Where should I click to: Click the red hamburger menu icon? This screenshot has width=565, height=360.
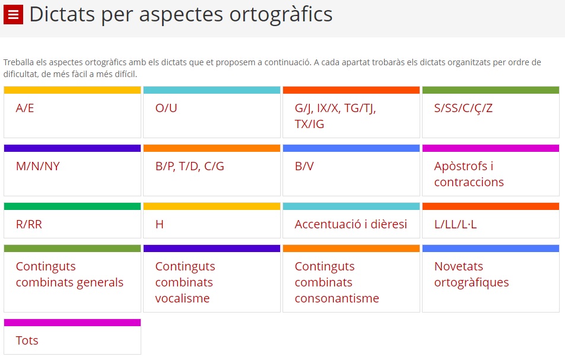click(13, 14)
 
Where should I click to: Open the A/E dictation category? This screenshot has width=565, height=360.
click(25, 108)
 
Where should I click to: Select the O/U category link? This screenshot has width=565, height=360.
click(166, 108)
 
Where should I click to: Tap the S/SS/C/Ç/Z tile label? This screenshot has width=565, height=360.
click(463, 108)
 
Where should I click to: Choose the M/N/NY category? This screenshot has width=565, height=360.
click(38, 166)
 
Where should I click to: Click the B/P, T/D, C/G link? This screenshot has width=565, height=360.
click(189, 166)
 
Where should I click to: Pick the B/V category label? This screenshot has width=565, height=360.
click(304, 166)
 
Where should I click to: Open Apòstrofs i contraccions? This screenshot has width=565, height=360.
click(469, 174)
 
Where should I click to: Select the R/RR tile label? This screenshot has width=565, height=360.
click(29, 224)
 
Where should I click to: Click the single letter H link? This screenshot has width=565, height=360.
click(159, 224)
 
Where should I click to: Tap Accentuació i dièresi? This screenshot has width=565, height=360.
click(351, 224)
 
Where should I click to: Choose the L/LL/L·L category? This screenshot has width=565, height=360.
click(455, 224)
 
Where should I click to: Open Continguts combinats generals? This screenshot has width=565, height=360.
click(69, 275)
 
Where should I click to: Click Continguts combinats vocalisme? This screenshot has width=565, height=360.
click(185, 282)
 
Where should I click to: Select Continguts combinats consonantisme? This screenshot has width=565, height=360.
click(337, 282)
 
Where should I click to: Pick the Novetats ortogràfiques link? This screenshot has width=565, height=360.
click(471, 275)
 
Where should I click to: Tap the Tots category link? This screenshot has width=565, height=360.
click(27, 340)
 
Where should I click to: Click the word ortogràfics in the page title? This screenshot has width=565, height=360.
click(281, 15)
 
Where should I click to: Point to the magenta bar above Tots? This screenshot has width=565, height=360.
click(72, 323)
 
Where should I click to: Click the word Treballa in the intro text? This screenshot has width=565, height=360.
click(19, 62)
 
